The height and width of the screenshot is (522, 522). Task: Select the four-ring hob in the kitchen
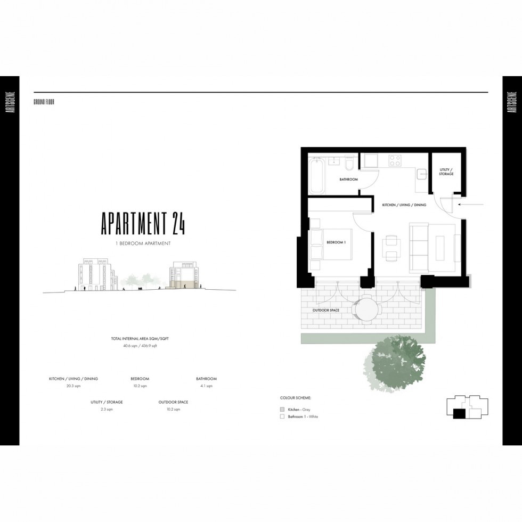tap(395, 160)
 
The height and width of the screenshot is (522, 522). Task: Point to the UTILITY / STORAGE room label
tap(446, 172)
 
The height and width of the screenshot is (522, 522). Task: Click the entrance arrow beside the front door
tap(472, 204)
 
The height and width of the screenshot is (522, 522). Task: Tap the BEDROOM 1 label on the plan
tap(336, 243)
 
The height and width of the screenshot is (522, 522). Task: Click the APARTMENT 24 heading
tap(143, 224)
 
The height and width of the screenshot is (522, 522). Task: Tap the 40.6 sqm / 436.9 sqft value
tap(141, 346)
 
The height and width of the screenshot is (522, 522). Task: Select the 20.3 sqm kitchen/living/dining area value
tap(74, 385)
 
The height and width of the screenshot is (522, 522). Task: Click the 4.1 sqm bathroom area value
tap(206, 385)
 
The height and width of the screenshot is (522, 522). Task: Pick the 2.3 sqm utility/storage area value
tap(107, 409)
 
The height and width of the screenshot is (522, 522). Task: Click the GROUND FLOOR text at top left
tap(44, 101)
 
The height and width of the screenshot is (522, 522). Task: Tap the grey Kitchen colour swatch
tap(282, 409)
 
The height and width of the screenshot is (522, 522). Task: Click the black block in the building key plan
tap(459, 413)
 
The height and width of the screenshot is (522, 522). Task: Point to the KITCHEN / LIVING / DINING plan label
tap(404, 205)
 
